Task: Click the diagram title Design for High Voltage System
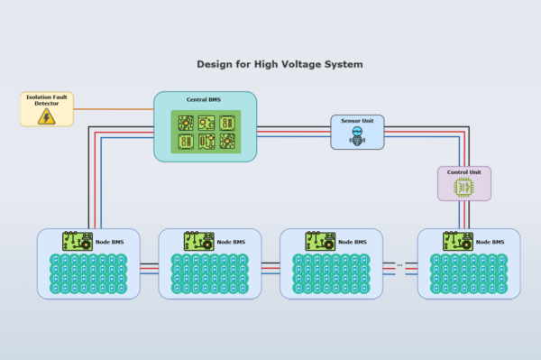[x=280, y=65]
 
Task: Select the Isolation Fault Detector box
[x=47, y=108]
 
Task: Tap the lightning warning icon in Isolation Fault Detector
[x=47, y=115]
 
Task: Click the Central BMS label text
[x=204, y=99]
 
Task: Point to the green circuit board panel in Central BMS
[x=206, y=131]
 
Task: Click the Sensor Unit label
[x=356, y=120]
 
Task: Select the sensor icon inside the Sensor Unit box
[x=356, y=136]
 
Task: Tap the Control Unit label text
[x=463, y=171]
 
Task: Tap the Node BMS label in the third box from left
[x=353, y=242]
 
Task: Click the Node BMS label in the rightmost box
[x=490, y=242]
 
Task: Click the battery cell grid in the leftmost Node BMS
[x=88, y=274]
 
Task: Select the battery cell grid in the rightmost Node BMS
[x=469, y=274]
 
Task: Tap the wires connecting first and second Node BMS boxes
[x=149, y=267]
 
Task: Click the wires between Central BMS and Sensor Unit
[x=293, y=133]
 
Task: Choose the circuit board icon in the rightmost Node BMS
[x=456, y=241]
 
